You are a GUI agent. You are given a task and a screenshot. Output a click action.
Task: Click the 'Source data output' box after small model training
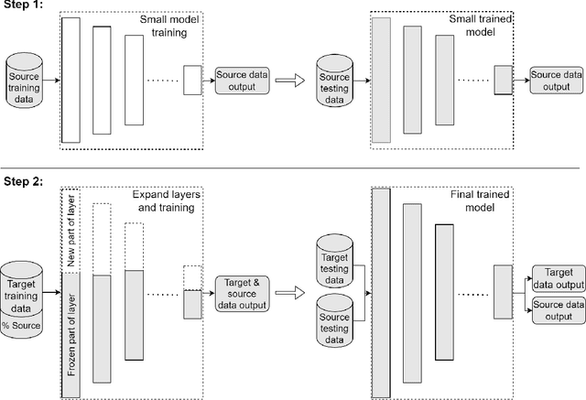243,81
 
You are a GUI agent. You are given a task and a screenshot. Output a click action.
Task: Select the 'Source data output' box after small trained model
557,81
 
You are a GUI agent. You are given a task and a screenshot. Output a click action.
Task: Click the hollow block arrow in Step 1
292,81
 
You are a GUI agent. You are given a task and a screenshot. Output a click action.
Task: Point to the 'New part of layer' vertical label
71,231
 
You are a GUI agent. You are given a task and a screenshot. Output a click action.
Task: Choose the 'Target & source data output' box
243,293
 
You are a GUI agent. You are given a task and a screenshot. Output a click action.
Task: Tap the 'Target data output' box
557,277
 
